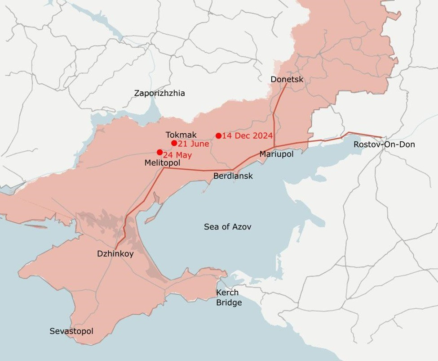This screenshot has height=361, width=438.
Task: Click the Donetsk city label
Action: pos(287,80)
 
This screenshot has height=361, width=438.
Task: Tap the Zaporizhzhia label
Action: pos(159,94)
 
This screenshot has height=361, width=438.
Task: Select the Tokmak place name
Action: pos(181,135)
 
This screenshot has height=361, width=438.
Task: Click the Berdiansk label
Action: pos(233,176)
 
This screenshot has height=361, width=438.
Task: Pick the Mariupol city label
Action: pos(276,154)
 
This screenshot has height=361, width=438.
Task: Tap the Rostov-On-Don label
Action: pos(384,145)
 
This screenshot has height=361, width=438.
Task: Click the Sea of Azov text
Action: pos(227,227)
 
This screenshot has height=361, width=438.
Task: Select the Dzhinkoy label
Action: pos(115,254)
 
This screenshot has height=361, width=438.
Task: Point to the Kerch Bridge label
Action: pos(229,298)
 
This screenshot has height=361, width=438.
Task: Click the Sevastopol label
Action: pos(71,331)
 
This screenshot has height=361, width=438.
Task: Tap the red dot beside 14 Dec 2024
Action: pos(218,135)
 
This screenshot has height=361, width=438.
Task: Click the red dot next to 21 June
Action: pos(174,143)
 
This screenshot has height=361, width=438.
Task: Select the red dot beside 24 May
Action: pos(159,152)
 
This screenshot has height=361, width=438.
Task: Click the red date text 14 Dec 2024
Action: pos(247,135)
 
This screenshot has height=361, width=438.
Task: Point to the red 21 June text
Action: pos(193,144)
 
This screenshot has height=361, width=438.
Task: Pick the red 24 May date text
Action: pos(177,156)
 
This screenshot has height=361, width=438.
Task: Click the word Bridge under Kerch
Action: pos(229,302)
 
